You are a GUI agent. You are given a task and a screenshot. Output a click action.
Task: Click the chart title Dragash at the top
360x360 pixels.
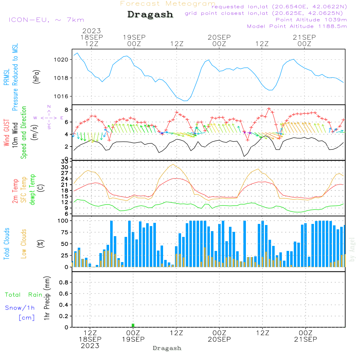point(150,15)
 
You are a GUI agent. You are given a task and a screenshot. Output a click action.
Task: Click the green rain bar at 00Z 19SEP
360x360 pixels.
point(133,325)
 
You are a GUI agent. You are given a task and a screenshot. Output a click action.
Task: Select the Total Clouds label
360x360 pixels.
point(6,244)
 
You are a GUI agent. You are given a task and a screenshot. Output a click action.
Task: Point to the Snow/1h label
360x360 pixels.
point(20,308)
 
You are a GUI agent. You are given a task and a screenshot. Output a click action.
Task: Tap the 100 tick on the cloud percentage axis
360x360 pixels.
point(63,221)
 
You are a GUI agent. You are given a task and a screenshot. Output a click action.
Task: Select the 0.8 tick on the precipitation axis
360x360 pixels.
point(64,283)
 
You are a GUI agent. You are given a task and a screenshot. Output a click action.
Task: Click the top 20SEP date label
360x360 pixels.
point(219,37)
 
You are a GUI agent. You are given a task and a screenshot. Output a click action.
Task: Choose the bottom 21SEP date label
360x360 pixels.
point(305,339)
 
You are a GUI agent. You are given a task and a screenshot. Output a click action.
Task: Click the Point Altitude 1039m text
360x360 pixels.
point(311,19)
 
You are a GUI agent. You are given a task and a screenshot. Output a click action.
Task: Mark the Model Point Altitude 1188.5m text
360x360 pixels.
point(297,26)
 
